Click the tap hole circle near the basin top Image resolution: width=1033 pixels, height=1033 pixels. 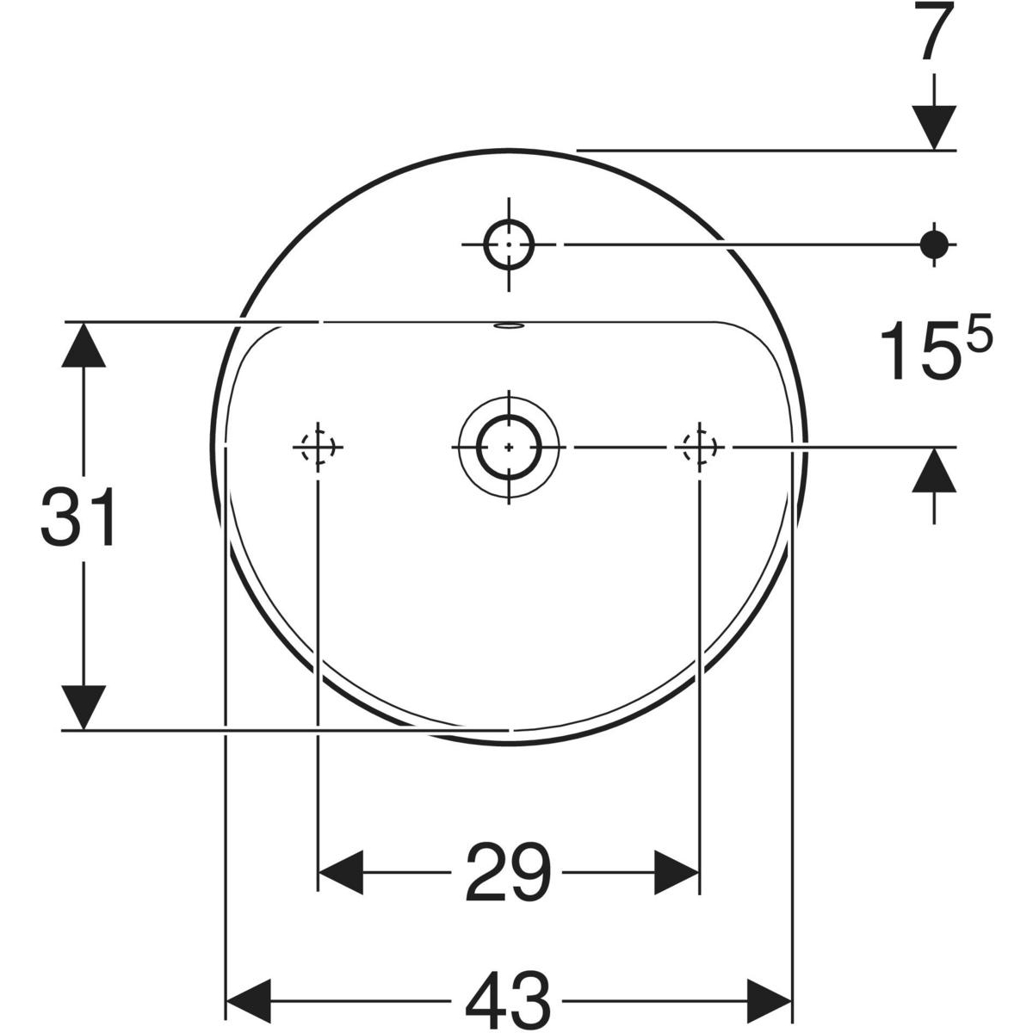click(x=509, y=244)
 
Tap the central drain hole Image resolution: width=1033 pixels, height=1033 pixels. click(x=509, y=446)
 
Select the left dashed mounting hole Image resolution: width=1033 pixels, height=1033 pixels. click(x=318, y=446)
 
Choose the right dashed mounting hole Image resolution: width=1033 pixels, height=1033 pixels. click(x=699, y=446)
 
